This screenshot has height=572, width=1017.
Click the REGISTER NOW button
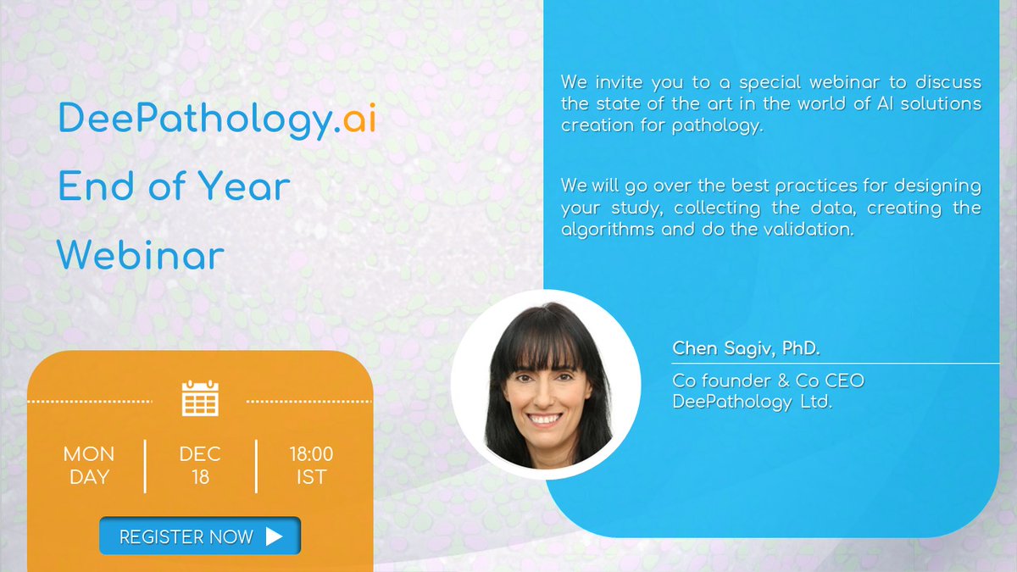[x=200, y=536]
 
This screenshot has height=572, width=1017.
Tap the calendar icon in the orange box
[x=200, y=397]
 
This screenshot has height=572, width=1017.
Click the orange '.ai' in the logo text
[x=354, y=120]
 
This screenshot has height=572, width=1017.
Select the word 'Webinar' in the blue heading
[x=142, y=255]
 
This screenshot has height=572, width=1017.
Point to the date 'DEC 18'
[x=200, y=465]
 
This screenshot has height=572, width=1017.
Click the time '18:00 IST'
[x=311, y=465]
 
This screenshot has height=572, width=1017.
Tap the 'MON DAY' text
[x=89, y=465]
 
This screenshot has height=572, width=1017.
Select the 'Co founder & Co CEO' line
[x=768, y=380]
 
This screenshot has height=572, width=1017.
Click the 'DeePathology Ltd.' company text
[x=753, y=402]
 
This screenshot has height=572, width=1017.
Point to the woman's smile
[x=545, y=419]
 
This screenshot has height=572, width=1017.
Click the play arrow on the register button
[x=274, y=536]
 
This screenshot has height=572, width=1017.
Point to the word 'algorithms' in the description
[x=604, y=230]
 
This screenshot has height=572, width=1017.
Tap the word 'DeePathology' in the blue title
[x=192, y=120]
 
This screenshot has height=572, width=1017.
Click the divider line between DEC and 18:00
[x=256, y=465]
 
